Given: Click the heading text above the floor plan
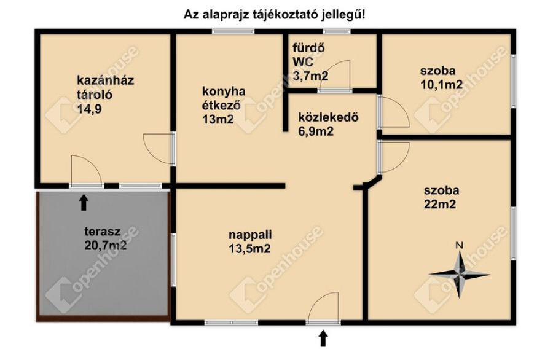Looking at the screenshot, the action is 275,15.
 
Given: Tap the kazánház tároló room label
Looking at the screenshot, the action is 106,95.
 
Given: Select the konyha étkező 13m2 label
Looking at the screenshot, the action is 224,106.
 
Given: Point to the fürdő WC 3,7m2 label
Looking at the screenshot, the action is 310,61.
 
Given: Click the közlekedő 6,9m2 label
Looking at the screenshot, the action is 328,124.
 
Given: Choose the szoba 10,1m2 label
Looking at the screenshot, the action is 441,77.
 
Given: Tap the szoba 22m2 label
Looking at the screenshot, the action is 442,197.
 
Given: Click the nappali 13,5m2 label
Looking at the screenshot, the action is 250,241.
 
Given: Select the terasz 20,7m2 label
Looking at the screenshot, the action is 106,238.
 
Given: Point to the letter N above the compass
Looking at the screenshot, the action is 459,245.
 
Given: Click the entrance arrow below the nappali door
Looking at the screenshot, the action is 323,338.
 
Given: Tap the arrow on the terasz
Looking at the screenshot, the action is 84,202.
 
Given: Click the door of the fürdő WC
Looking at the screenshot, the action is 334,76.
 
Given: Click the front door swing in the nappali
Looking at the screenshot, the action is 324,307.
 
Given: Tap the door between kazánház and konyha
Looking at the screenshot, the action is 159,149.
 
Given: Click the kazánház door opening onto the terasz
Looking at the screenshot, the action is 87,171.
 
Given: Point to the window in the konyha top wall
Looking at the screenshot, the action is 233,31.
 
